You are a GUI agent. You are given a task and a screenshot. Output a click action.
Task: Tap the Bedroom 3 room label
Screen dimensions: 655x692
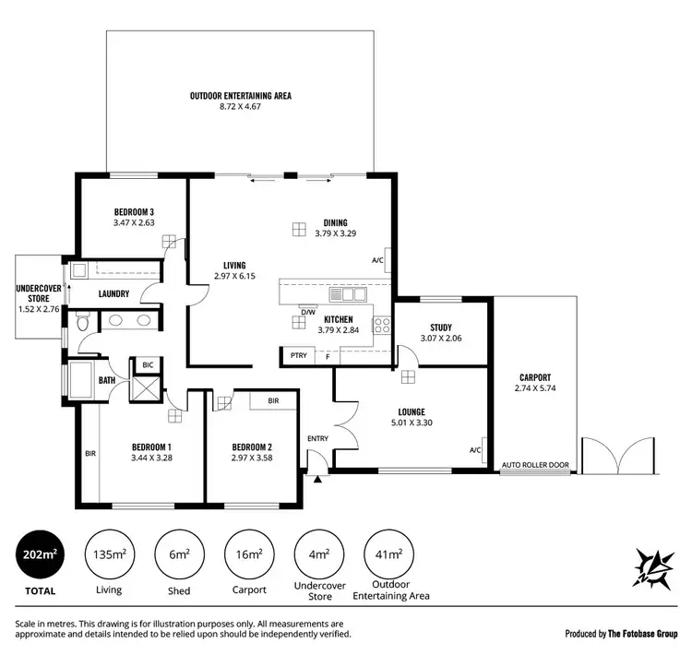[x=134, y=211]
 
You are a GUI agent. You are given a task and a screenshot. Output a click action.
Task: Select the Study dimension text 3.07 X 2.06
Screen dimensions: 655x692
[x=440, y=339]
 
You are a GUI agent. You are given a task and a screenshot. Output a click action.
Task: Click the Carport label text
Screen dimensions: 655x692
[x=534, y=377]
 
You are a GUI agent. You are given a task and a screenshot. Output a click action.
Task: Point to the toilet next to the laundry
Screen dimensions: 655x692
[x=83, y=322]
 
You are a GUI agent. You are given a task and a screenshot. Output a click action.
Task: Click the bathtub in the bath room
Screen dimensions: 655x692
[x=81, y=380]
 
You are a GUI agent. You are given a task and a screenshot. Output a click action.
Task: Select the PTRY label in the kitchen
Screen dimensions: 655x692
[x=297, y=356]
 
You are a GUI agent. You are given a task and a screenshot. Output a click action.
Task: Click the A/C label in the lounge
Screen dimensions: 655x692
[x=475, y=449]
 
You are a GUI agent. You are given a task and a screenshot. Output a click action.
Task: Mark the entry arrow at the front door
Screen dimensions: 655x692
[x=318, y=479]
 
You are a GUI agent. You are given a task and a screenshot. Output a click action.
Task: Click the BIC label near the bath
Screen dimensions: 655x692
[x=148, y=365]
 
